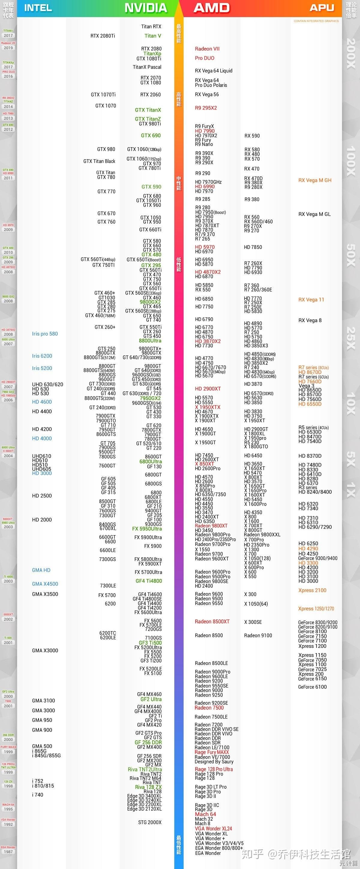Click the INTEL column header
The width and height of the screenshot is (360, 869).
click(38, 8)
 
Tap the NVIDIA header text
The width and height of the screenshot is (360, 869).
click(146, 8)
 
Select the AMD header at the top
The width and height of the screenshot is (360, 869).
click(211, 8)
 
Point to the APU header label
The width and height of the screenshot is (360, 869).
click(322, 8)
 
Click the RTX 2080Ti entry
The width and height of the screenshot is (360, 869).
click(103, 36)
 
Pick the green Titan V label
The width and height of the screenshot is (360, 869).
click(153, 36)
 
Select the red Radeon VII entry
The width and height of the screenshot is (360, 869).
click(207, 49)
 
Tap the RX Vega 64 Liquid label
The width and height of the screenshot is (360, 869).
click(214, 71)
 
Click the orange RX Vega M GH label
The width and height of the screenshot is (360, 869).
click(315, 181)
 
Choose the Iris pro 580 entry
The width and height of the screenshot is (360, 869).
click(45, 334)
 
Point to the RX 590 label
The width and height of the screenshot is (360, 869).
click(252, 136)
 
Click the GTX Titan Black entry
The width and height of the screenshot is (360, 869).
click(99, 161)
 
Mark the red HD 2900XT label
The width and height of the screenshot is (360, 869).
click(208, 389)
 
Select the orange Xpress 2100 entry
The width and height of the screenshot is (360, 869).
click(312, 590)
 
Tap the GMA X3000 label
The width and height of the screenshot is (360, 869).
click(45, 651)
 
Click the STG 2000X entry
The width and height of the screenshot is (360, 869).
click(150, 823)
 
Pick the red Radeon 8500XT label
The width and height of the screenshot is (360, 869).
click(212, 622)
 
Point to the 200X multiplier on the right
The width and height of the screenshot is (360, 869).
click(351, 53)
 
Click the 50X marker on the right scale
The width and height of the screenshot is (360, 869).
click(351, 255)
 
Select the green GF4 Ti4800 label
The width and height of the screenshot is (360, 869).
click(149, 581)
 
